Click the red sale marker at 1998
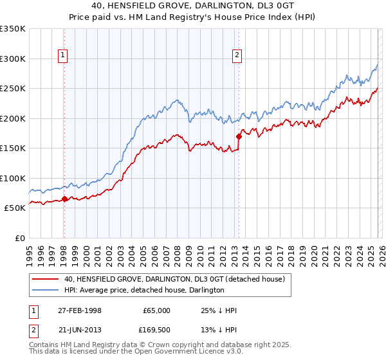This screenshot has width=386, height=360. pos(64,199)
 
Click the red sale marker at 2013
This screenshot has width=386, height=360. pos(239,136)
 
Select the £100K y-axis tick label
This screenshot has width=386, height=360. pos(13,178)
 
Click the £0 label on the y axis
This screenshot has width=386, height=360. pos(19,238)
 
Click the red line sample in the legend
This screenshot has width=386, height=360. pos(46,279)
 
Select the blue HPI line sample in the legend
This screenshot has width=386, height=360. pos(46,291)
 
